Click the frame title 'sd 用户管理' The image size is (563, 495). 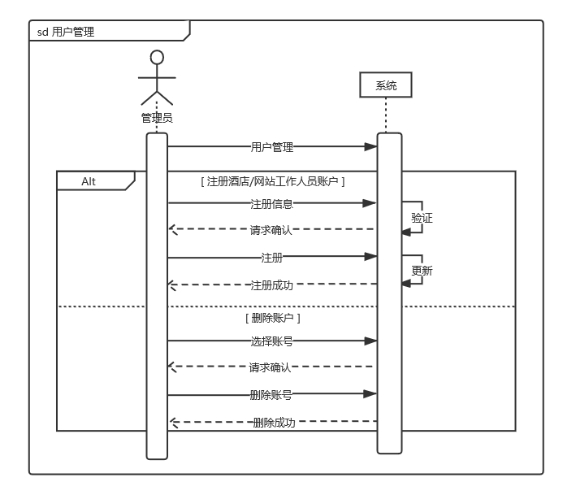coord(66,32)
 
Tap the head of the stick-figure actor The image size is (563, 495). coord(157,57)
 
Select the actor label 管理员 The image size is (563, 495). coord(157,118)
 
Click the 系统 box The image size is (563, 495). coord(386,85)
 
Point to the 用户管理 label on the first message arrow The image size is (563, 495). coord(272,147)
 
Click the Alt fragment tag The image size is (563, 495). coord(89,181)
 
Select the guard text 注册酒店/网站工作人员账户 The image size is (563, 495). coord(273,181)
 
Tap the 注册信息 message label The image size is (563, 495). coord(272,204)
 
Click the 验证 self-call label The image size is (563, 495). coord(422,218)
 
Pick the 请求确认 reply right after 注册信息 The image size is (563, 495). coord(271,230)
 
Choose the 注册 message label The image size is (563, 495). coord(272,258)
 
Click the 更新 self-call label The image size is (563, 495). coord(422,271)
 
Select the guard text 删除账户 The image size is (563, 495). coord(273,318)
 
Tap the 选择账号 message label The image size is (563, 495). coord(272,341)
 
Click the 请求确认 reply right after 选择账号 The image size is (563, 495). coord(271,367)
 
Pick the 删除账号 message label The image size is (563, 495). coord(271,395)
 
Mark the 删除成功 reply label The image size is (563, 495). coord(274,423)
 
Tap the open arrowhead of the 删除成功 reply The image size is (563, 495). coord(172,422)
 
